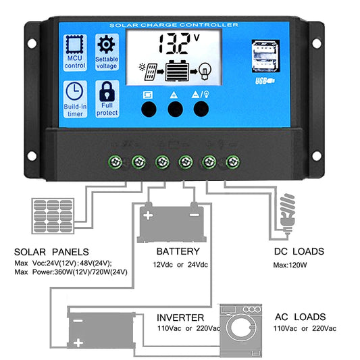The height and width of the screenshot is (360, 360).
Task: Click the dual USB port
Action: pyautogui.click(x=265, y=59)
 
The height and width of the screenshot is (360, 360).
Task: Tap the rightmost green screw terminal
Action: pyautogui.click(x=233, y=162)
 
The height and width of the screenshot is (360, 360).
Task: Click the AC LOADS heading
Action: pyautogui.click(x=300, y=316)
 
